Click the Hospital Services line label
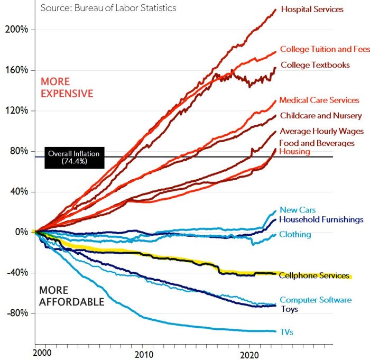(x=312, y=10)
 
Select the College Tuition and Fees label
(x=325, y=49)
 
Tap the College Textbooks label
(x=315, y=65)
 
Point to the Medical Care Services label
(x=319, y=100)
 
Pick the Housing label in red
(x=294, y=152)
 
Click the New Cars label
(x=298, y=210)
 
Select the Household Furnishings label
(x=321, y=219)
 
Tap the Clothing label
(x=295, y=234)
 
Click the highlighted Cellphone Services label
(x=314, y=275)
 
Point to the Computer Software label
(x=316, y=300)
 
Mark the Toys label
(x=289, y=309)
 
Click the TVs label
(x=287, y=332)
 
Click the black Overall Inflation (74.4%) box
(x=75, y=156)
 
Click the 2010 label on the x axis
(x=144, y=353)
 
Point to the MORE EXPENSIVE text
(x=67, y=88)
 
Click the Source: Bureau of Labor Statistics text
(x=108, y=8)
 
